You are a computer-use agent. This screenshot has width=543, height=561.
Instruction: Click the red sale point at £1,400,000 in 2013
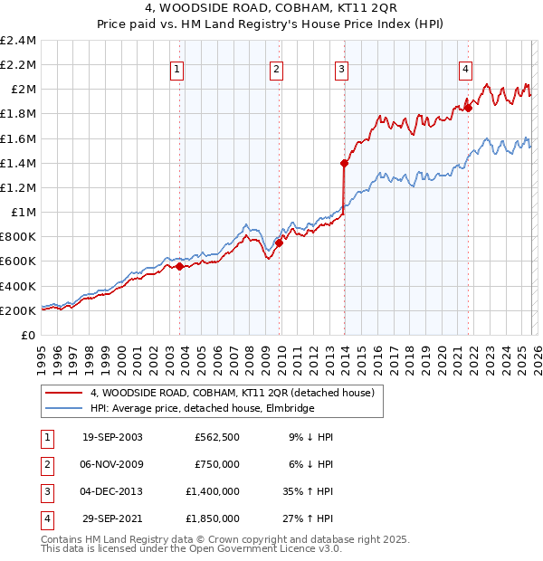344,163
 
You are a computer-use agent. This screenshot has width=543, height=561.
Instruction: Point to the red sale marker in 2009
279,242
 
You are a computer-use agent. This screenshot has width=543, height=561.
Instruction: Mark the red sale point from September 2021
469,108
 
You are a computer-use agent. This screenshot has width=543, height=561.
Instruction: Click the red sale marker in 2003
179,266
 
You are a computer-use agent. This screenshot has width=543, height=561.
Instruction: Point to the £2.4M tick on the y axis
18,41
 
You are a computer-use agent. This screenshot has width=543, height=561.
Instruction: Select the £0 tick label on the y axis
29,335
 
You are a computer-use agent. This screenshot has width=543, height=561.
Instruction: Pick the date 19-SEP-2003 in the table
112,437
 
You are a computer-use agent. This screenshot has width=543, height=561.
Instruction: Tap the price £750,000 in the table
217,464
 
